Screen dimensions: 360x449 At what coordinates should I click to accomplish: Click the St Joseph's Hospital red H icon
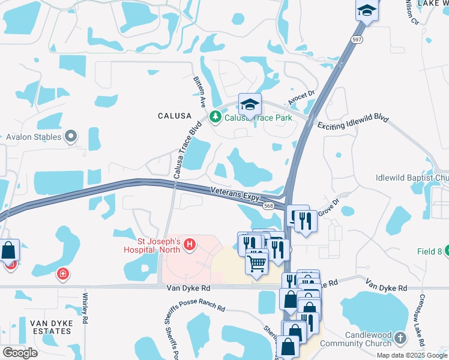click(x=190, y=244)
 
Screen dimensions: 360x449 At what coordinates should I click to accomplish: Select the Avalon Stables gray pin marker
click(x=71, y=137)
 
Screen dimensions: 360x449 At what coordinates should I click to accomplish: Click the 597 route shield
click(x=357, y=40)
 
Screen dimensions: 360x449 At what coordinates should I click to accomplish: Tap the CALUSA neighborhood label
click(x=174, y=115)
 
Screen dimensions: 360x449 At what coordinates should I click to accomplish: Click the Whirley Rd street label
click(x=85, y=308)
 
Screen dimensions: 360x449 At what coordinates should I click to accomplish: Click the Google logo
click(x=20, y=353)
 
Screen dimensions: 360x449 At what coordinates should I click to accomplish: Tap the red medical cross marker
click(x=62, y=275)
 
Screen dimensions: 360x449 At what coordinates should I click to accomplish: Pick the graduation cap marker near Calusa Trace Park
click(x=249, y=105)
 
